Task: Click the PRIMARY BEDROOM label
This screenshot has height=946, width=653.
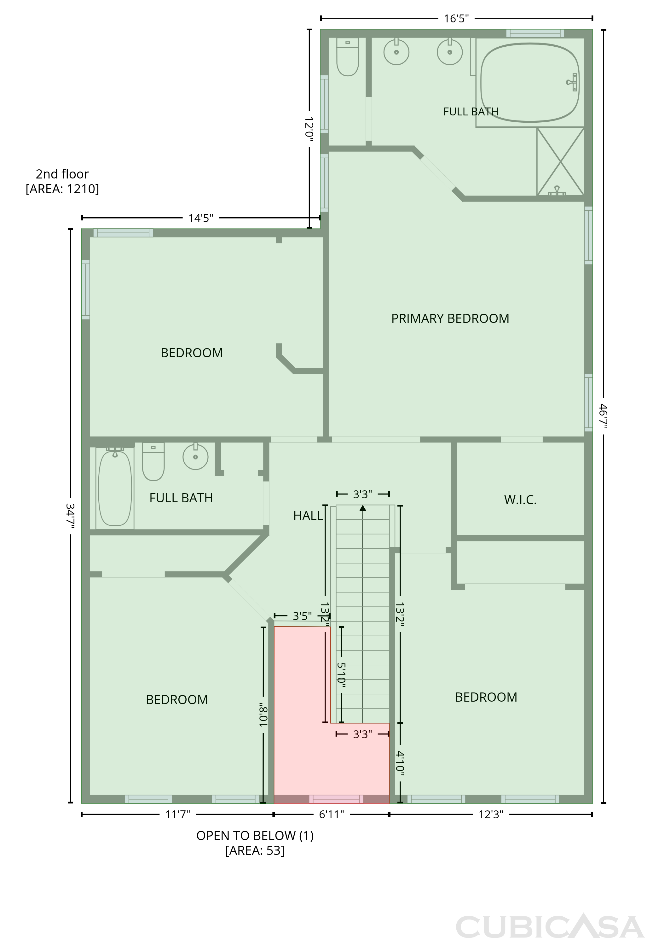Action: [450, 318]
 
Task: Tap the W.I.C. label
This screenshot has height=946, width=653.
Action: [520, 500]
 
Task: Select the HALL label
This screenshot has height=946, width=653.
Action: [308, 516]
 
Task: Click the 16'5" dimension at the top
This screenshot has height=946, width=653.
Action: [456, 18]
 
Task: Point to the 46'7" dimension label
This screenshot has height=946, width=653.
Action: [604, 416]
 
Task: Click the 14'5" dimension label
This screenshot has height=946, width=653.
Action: [200, 218]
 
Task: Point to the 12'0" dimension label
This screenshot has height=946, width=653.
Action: [309, 129]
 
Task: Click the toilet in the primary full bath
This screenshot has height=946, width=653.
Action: [347, 57]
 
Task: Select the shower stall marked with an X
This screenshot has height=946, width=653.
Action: [560, 161]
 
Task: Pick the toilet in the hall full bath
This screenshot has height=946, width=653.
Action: [153, 461]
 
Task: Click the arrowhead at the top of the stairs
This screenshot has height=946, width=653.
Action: [362, 508]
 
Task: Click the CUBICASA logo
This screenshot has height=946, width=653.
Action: [550, 927]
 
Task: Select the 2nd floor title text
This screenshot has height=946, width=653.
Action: [62, 174]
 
